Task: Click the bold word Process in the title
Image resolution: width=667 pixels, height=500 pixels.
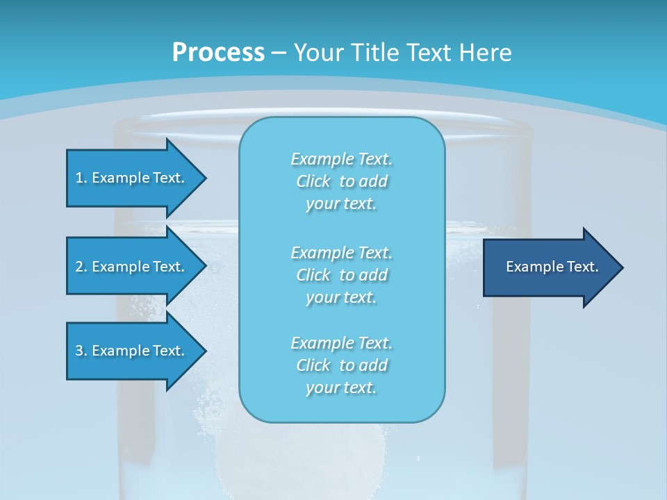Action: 218,52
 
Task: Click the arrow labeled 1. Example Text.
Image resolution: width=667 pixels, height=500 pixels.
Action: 132,178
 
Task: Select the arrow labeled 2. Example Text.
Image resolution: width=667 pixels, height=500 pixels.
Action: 132,267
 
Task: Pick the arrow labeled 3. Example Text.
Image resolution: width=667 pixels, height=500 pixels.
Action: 132,351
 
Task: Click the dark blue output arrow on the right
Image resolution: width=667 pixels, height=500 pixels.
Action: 549,267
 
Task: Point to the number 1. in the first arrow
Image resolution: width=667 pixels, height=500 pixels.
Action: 81,178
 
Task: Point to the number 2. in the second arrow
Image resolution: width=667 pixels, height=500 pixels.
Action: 81,267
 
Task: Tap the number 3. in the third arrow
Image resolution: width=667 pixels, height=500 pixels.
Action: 81,351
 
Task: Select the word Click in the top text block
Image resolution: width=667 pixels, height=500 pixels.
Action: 313,181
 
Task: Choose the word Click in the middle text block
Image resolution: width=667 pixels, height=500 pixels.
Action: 313,275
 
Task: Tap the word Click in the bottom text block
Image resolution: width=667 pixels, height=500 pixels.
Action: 313,365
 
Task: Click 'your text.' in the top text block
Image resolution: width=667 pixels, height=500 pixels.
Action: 341,203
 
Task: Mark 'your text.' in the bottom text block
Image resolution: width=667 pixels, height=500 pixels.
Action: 341,387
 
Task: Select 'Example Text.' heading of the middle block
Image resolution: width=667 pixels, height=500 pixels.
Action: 341,253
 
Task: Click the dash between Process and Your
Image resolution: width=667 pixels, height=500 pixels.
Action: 279,52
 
